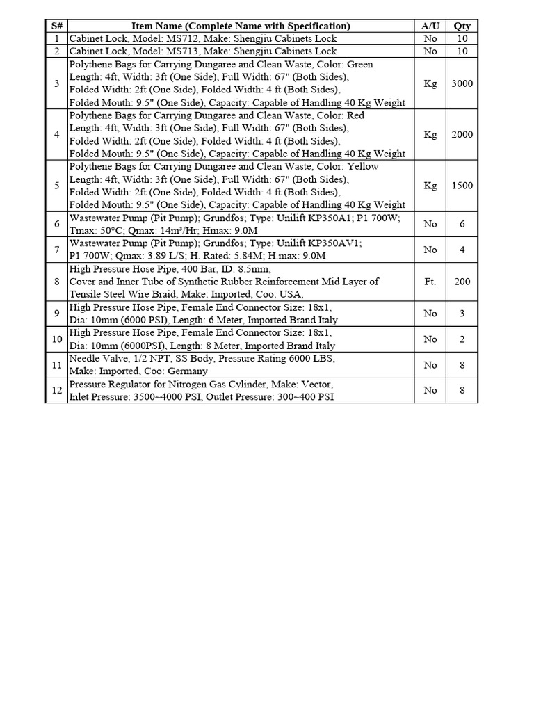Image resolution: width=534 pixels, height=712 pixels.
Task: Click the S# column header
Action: tap(56, 26)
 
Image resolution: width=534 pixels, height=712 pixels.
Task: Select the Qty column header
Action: tap(462, 26)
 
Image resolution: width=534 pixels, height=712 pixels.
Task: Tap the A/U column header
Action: tap(430, 26)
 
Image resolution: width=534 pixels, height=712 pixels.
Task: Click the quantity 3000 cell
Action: tap(462, 83)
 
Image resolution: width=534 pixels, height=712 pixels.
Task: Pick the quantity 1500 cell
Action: tap(462, 186)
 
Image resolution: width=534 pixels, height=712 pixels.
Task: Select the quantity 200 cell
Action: tap(462, 282)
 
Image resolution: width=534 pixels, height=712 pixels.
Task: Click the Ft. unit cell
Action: tap(430, 282)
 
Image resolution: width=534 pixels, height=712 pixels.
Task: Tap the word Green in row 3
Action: tap(360, 65)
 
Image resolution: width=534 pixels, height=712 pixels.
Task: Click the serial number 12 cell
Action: tap(56, 390)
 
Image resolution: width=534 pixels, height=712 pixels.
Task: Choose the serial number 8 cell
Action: tap(56, 282)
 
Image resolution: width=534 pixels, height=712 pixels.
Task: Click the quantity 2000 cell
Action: tap(462, 135)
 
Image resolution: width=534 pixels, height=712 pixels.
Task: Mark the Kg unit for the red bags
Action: tap(430, 135)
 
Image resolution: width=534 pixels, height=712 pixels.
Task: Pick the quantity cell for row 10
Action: tap(462, 339)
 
